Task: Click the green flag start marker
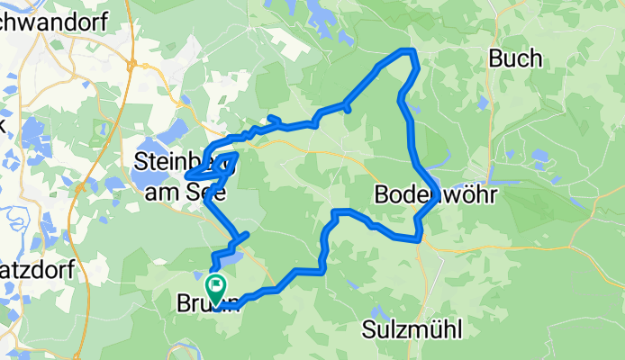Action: tap(216, 287)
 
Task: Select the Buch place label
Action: tap(515, 59)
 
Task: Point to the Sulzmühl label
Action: tap(413, 329)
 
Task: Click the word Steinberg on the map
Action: tap(177, 162)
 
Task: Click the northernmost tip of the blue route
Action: tap(410, 50)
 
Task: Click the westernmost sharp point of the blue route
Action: tap(187, 175)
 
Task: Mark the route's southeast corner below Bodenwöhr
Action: tap(419, 238)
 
